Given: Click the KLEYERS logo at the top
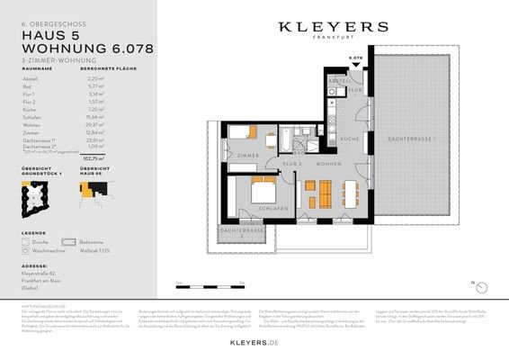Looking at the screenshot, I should click(333, 28).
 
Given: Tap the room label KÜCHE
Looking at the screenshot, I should click(350, 139).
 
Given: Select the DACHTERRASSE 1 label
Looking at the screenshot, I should click(412, 140).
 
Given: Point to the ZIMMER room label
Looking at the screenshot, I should click(247, 157).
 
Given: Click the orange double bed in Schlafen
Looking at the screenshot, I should click(263, 191).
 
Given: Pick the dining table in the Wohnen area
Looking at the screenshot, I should click(352, 191).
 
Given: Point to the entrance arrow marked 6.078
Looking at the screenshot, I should click(355, 62).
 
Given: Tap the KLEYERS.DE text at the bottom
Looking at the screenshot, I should click(333, 344).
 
